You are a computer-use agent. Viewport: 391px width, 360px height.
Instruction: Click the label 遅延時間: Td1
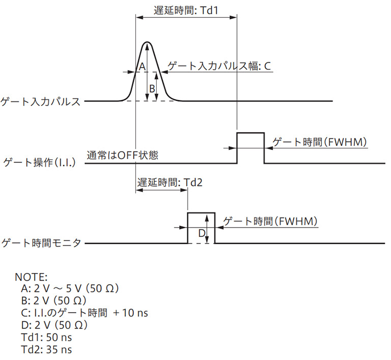click(186, 10)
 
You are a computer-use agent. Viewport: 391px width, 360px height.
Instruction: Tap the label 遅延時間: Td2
click(170, 183)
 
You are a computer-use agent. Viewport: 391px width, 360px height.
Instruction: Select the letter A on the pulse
click(142, 67)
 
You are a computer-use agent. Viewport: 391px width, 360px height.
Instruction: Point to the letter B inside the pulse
click(152, 89)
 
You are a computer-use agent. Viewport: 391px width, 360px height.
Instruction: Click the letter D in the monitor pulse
click(202, 234)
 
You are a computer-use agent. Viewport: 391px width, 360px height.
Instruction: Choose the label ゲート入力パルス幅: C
click(219, 66)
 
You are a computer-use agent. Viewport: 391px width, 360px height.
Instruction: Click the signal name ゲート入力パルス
click(40, 102)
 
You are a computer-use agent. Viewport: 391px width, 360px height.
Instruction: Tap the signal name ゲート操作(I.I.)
click(39, 162)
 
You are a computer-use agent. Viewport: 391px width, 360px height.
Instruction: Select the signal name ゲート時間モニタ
click(41, 243)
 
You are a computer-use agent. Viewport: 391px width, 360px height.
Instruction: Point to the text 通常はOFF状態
click(122, 155)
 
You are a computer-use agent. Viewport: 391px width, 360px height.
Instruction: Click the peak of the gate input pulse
click(147, 42)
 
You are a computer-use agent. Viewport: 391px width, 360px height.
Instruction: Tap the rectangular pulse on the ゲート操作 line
click(250, 133)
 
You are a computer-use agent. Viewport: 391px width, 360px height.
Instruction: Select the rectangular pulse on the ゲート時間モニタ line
click(201, 213)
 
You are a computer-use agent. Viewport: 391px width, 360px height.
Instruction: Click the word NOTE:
click(31, 277)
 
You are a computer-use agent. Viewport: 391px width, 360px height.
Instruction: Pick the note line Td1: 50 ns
click(47, 338)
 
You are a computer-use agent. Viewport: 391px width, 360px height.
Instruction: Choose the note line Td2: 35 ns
click(47, 349)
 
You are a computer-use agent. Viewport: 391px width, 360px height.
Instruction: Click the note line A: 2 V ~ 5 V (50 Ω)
click(70, 289)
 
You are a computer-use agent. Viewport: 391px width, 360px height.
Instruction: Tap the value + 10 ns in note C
click(130, 313)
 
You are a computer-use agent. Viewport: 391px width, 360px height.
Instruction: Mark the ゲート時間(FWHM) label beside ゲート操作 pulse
click(320, 142)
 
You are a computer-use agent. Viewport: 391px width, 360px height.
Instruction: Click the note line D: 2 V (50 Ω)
click(54, 325)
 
